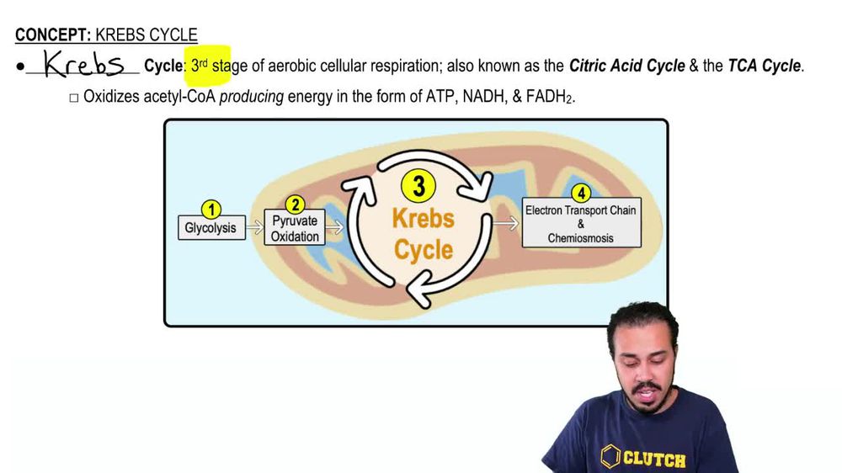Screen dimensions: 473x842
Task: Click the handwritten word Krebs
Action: click(83, 64)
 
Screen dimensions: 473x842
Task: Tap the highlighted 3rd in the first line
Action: click(200, 66)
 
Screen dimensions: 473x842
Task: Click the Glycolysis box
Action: click(211, 228)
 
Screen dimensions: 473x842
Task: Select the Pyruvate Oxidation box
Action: click(295, 229)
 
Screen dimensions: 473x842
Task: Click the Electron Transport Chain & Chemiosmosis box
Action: click(581, 224)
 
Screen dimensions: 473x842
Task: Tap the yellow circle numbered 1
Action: click(211, 210)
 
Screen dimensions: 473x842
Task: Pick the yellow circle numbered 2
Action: click(295, 205)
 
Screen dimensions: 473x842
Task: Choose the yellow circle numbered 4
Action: click(582, 194)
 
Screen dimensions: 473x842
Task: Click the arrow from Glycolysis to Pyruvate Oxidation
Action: click(255, 227)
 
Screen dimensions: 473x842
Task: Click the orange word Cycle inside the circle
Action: click(424, 250)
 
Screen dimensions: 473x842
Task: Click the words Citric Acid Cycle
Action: click(626, 66)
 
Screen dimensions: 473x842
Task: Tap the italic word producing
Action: click(251, 97)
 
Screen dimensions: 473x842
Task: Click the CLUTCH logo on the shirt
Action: click(643, 458)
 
